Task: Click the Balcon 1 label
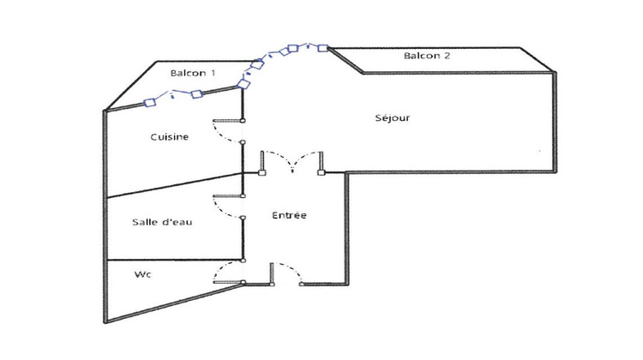192,74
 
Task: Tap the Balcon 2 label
427,57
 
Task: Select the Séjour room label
393,117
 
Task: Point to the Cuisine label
170,136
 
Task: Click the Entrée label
289,216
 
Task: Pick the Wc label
142,275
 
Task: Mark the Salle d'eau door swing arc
225,210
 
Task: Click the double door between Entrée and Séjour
291,161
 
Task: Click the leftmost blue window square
149,103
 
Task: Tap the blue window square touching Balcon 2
323,48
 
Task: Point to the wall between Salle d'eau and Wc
171,260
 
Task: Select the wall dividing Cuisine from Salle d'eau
171,186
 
